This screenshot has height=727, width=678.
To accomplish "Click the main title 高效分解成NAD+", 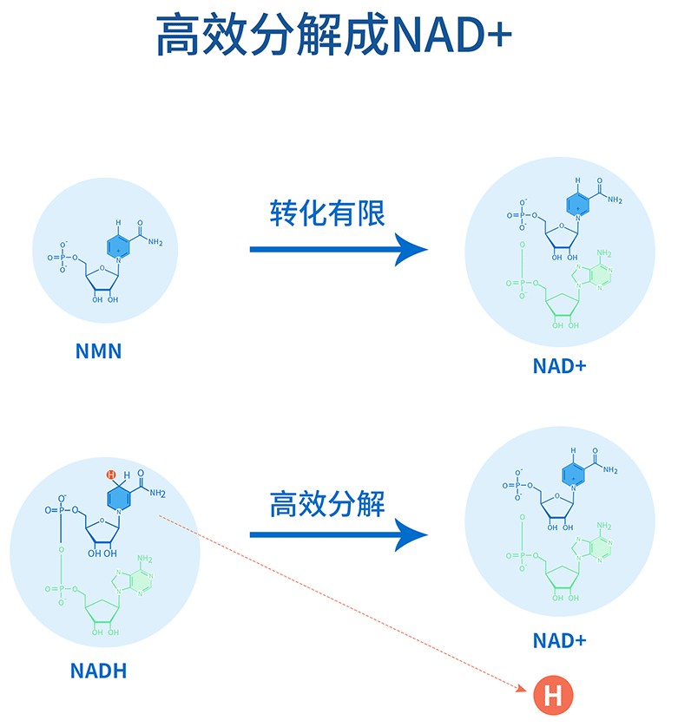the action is [333, 35].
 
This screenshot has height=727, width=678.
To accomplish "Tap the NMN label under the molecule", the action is [98, 351].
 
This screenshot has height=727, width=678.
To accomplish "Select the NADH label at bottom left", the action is [98, 671].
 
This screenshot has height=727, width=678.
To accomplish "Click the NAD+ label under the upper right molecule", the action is [559, 366].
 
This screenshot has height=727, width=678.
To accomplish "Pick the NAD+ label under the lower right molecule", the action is [559, 641].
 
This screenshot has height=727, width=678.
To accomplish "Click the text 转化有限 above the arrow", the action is [327, 213].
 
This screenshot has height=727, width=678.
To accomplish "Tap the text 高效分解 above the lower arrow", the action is [327, 504].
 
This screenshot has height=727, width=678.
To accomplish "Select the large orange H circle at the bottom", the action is [553, 695].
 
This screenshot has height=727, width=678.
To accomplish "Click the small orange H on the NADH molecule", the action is [111, 475].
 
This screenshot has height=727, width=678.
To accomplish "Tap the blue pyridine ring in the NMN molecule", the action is [118, 246].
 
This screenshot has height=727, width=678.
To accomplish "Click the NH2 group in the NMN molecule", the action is [155, 242].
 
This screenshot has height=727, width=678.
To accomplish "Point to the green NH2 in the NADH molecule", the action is [145, 559].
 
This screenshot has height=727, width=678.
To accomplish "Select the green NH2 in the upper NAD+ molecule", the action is [604, 253].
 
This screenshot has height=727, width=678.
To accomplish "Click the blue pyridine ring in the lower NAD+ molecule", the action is [573, 475].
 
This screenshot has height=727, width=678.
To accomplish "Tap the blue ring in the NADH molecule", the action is [118, 498].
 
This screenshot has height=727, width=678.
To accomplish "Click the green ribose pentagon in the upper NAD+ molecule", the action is [563, 305].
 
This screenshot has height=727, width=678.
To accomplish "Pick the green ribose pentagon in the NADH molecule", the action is [102, 611].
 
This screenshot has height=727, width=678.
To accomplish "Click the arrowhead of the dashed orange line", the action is [523, 688].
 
